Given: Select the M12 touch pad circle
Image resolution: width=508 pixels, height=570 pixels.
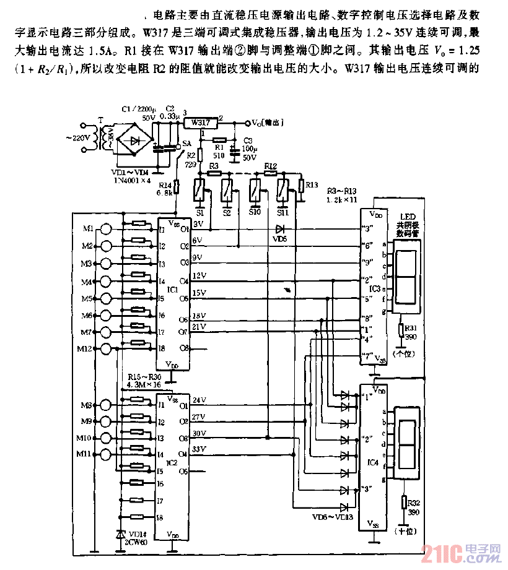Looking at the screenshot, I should click(x=107, y=349).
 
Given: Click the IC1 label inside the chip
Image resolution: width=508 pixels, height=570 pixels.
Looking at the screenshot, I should click(x=173, y=289).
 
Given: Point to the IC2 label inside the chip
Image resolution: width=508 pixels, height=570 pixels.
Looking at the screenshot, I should click(x=173, y=462).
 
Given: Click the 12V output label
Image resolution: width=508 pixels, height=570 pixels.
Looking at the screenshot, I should click(x=199, y=275).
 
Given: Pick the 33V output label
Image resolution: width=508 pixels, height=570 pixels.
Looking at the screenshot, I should click(x=199, y=448).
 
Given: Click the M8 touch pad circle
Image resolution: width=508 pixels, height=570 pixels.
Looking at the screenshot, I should click(x=107, y=406).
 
